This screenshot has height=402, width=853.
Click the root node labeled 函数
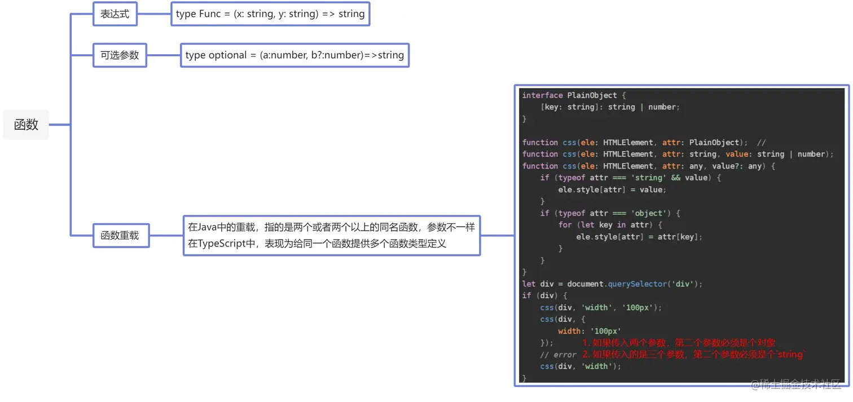coord(26,125)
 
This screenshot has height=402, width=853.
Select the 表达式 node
coord(115,14)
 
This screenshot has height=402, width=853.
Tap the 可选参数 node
coord(120,55)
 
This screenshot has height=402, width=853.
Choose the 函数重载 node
coord(120,235)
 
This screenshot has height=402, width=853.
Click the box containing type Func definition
coord(270,14)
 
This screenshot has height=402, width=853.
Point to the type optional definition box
coord(294,55)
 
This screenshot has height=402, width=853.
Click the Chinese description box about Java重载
coord(332,235)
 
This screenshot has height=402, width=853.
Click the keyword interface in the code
coord(542,95)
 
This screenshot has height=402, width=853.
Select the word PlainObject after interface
coord(592,95)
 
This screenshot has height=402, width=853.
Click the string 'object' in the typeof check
coord(649,213)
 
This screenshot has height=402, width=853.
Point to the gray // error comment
coord(558,355)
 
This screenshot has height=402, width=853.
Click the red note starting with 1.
coord(679,343)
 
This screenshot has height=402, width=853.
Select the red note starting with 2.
coord(694,355)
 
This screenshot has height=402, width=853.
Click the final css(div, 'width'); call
coord(581,366)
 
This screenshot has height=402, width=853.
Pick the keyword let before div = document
coord(529,284)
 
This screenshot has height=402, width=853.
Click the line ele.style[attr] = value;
coord(612,189)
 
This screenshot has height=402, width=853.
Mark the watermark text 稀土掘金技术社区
coord(801,384)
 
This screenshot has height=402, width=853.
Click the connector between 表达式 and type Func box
coord(154,14)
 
